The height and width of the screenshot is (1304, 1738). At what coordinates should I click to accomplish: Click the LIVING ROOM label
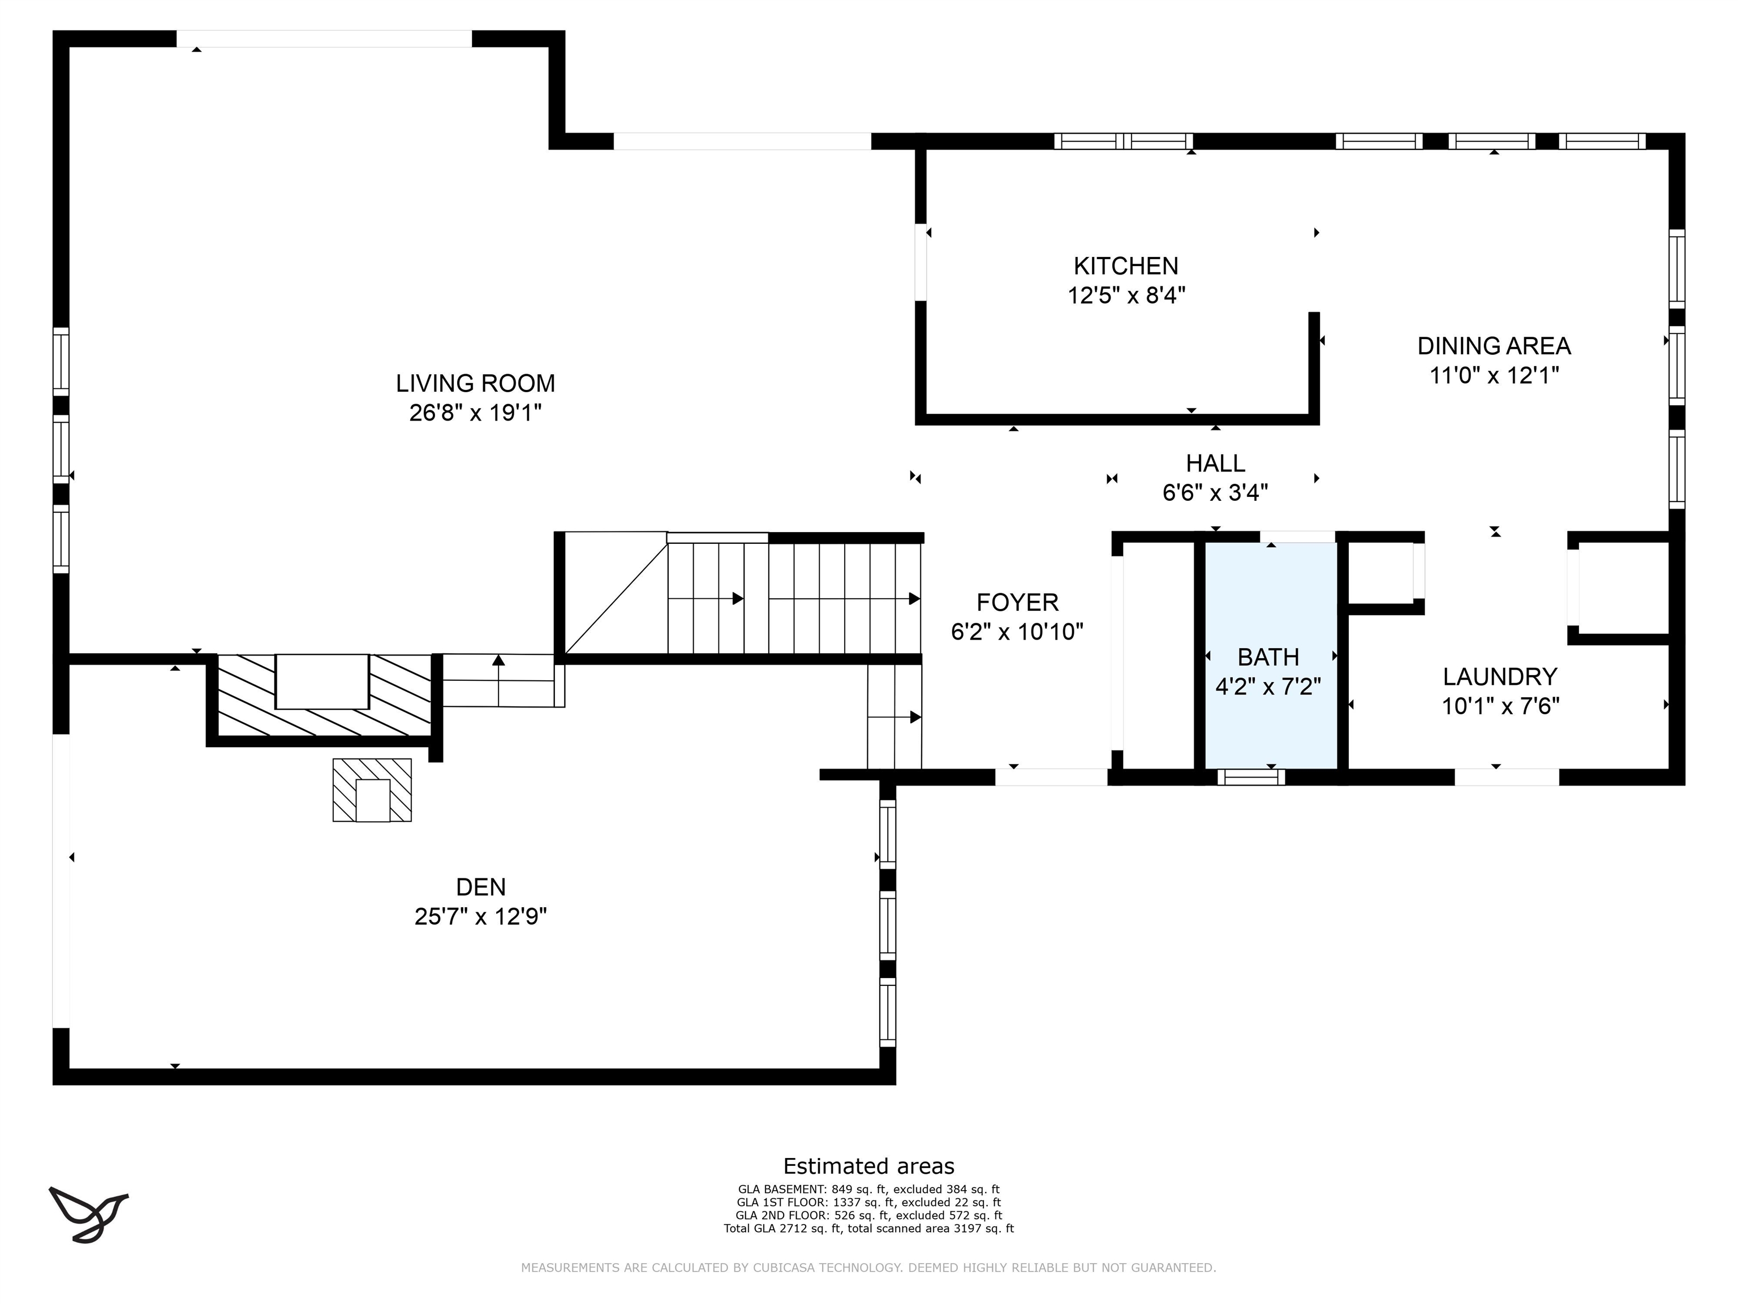475,384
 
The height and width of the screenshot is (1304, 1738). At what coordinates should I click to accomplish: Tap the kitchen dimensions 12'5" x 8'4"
1126,295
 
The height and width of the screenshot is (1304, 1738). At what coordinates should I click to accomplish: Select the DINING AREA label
1494,346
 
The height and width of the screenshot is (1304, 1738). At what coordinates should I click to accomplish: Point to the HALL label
1215,463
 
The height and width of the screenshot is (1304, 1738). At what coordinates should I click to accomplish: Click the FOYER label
1017,602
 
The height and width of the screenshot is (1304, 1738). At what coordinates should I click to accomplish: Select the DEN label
481,887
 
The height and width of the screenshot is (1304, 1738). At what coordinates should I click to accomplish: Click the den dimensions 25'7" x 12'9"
481,916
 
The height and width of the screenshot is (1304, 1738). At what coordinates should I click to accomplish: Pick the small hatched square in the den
372,790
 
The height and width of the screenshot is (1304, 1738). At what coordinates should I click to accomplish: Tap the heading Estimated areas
869,1166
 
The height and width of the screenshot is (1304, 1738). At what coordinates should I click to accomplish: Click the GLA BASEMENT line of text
869,1190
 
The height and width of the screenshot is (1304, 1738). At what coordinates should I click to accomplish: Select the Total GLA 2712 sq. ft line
869,1229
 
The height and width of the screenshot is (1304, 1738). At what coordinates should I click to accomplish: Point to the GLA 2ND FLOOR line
869,1216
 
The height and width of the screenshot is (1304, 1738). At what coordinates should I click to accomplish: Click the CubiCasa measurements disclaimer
869,1268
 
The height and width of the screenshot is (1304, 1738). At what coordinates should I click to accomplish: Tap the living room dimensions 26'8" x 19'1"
475,413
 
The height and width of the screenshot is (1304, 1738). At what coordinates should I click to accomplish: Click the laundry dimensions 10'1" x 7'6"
1500,706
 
